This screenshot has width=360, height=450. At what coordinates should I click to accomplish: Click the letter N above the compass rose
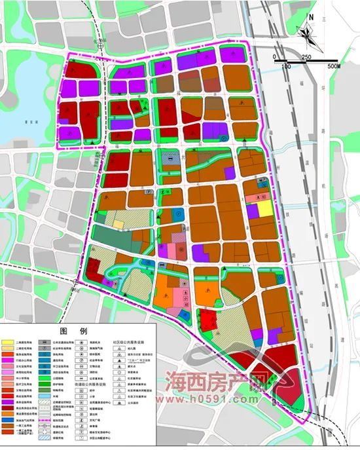[312, 17]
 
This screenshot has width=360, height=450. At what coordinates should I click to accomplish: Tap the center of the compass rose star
[309, 33]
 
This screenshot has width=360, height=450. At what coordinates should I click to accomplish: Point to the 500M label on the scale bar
[333, 67]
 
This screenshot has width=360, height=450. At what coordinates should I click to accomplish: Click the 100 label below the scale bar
[286, 67]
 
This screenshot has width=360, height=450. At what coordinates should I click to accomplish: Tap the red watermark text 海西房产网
[217, 381]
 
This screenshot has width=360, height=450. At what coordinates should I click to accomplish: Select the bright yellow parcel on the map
[263, 208]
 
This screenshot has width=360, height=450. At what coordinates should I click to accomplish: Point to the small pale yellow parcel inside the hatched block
[118, 224]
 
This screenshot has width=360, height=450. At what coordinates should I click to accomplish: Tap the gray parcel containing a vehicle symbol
[171, 157]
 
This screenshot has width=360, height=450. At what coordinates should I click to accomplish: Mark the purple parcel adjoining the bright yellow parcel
[252, 212]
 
